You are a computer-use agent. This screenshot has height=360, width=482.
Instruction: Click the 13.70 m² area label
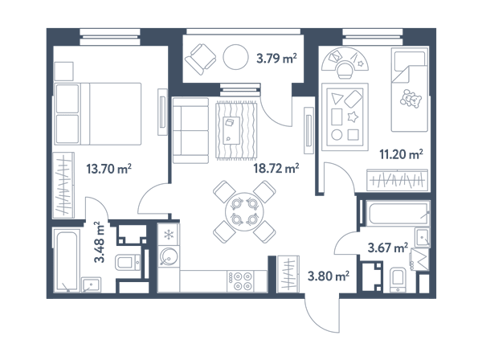(x=109, y=169)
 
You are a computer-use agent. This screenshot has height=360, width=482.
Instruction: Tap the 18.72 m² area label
(x=276, y=168)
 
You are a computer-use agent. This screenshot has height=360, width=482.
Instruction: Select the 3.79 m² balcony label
(x=276, y=58)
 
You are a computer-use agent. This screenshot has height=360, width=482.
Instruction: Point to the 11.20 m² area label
(x=401, y=154)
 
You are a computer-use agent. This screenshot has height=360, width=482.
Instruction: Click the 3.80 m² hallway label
(x=329, y=276)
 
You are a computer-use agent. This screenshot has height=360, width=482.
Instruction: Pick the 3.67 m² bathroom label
(x=388, y=247)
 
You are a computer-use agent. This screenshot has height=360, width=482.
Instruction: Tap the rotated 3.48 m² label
(x=100, y=242)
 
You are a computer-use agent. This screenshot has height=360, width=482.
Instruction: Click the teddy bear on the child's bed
(x=411, y=98)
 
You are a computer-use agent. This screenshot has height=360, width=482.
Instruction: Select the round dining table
(x=244, y=212)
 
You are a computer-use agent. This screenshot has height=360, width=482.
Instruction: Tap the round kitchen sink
(x=168, y=257)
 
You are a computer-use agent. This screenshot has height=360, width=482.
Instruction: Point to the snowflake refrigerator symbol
(x=169, y=235)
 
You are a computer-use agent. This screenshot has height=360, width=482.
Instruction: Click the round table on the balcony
(x=235, y=57)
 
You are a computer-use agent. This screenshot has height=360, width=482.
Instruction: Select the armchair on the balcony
(x=200, y=59)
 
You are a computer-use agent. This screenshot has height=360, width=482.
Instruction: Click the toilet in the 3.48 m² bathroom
(x=128, y=263)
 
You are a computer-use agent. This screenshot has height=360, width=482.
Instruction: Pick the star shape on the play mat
(x=353, y=117)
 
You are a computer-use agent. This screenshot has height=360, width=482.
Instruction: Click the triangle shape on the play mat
(x=337, y=98)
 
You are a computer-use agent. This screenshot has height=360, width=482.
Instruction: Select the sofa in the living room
(x=190, y=130)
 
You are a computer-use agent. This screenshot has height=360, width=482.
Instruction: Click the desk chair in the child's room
(x=345, y=70)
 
